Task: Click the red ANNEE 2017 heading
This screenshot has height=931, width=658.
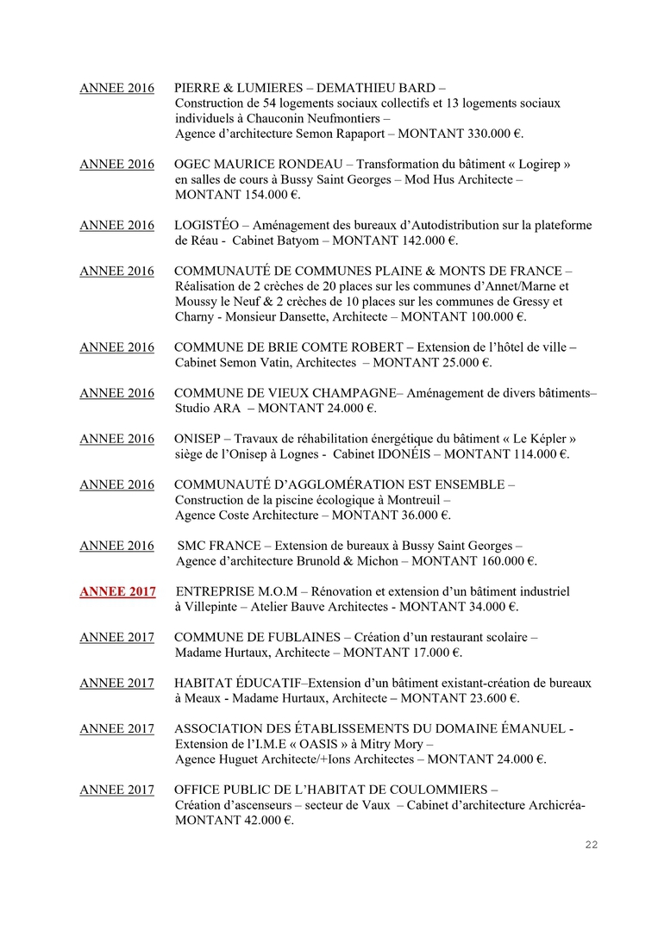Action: (117, 591)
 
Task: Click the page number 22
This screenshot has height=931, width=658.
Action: (591, 845)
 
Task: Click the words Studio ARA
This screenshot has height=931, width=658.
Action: (203, 408)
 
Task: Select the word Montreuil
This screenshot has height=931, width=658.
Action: (410, 500)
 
